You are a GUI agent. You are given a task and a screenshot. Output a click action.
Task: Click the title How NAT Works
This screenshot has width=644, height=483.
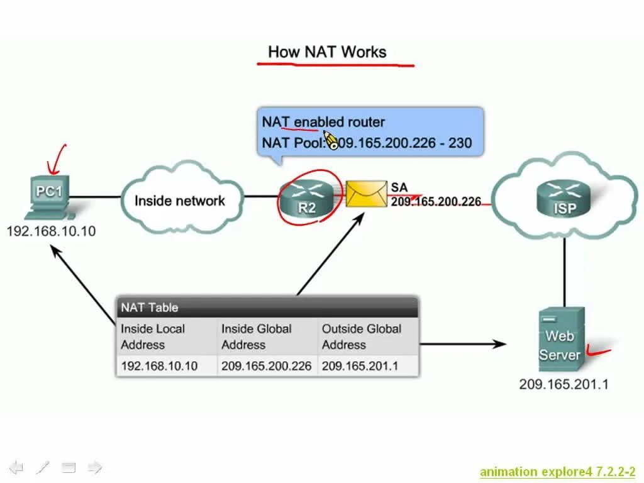(x=327, y=52)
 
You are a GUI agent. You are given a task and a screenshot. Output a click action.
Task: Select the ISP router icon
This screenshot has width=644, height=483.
(x=564, y=198)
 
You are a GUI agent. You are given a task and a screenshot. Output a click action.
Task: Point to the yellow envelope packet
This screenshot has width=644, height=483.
(x=367, y=194)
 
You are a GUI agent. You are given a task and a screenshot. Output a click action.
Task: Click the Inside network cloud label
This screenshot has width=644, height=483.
(x=179, y=201)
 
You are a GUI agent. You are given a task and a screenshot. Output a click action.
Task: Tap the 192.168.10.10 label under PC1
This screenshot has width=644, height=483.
(x=51, y=231)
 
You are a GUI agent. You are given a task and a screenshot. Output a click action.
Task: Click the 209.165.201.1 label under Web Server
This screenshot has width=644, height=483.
(x=563, y=384)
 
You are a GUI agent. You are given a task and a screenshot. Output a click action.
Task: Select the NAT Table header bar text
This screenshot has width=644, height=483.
(x=150, y=308)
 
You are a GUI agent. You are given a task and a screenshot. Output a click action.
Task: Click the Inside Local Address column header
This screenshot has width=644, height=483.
(x=153, y=336)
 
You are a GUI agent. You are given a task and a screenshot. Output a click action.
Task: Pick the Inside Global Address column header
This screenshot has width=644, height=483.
(x=256, y=336)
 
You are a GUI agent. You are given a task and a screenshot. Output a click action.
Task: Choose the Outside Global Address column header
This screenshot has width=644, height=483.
(x=361, y=336)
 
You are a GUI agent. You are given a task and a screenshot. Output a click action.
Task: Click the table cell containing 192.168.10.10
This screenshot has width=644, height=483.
(x=159, y=366)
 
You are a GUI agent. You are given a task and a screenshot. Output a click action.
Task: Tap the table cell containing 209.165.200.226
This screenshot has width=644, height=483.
(x=266, y=366)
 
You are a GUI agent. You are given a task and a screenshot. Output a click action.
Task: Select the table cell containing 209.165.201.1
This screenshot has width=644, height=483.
(x=360, y=366)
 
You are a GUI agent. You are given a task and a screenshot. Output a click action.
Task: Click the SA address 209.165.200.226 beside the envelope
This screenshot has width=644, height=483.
(x=436, y=201)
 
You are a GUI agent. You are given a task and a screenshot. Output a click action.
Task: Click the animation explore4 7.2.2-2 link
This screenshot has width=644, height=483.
(x=557, y=472)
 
